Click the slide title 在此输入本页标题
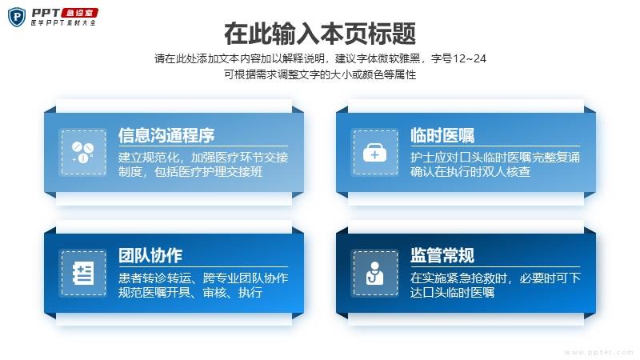click(320, 34)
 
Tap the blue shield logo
click(17, 17)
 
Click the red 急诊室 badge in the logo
click(80, 13)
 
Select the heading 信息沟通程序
click(166, 135)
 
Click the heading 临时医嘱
click(442, 135)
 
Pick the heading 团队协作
click(150, 256)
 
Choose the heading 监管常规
click(442, 256)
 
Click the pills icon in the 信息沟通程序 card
click(83, 152)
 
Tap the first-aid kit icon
click(374, 152)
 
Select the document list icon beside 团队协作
click(83, 273)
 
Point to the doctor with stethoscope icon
click(374, 273)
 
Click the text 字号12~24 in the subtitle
click(458, 58)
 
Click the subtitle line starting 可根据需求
click(320, 74)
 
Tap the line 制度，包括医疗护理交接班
click(190, 172)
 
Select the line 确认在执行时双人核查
click(470, 172)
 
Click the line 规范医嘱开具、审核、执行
click(190, 292)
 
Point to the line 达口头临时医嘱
click(452, 292)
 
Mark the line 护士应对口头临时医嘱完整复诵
click(495, 157)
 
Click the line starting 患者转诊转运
click(203, 278)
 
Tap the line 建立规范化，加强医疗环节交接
click(203, 157)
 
